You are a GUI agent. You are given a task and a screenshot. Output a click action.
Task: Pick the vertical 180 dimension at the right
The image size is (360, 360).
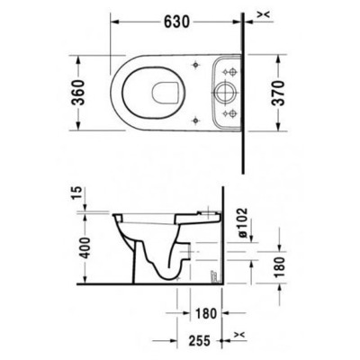[x=278, y=267]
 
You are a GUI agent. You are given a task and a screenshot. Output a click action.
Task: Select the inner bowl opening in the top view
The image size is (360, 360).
[x=162, y=91]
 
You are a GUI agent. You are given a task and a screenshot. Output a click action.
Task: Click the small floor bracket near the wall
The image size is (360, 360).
[x=213, y=273]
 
